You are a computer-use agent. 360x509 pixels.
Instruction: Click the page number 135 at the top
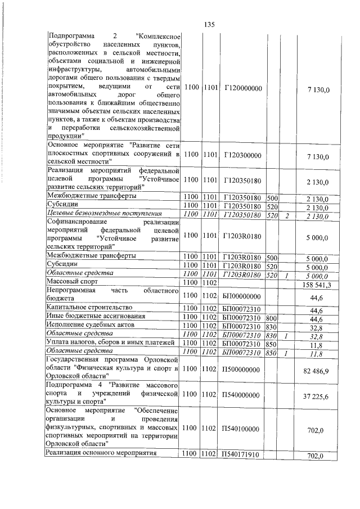point(209,24)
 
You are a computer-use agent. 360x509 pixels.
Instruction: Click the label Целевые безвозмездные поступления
point(104,214)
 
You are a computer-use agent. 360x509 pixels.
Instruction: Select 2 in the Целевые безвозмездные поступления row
point(286,215)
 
